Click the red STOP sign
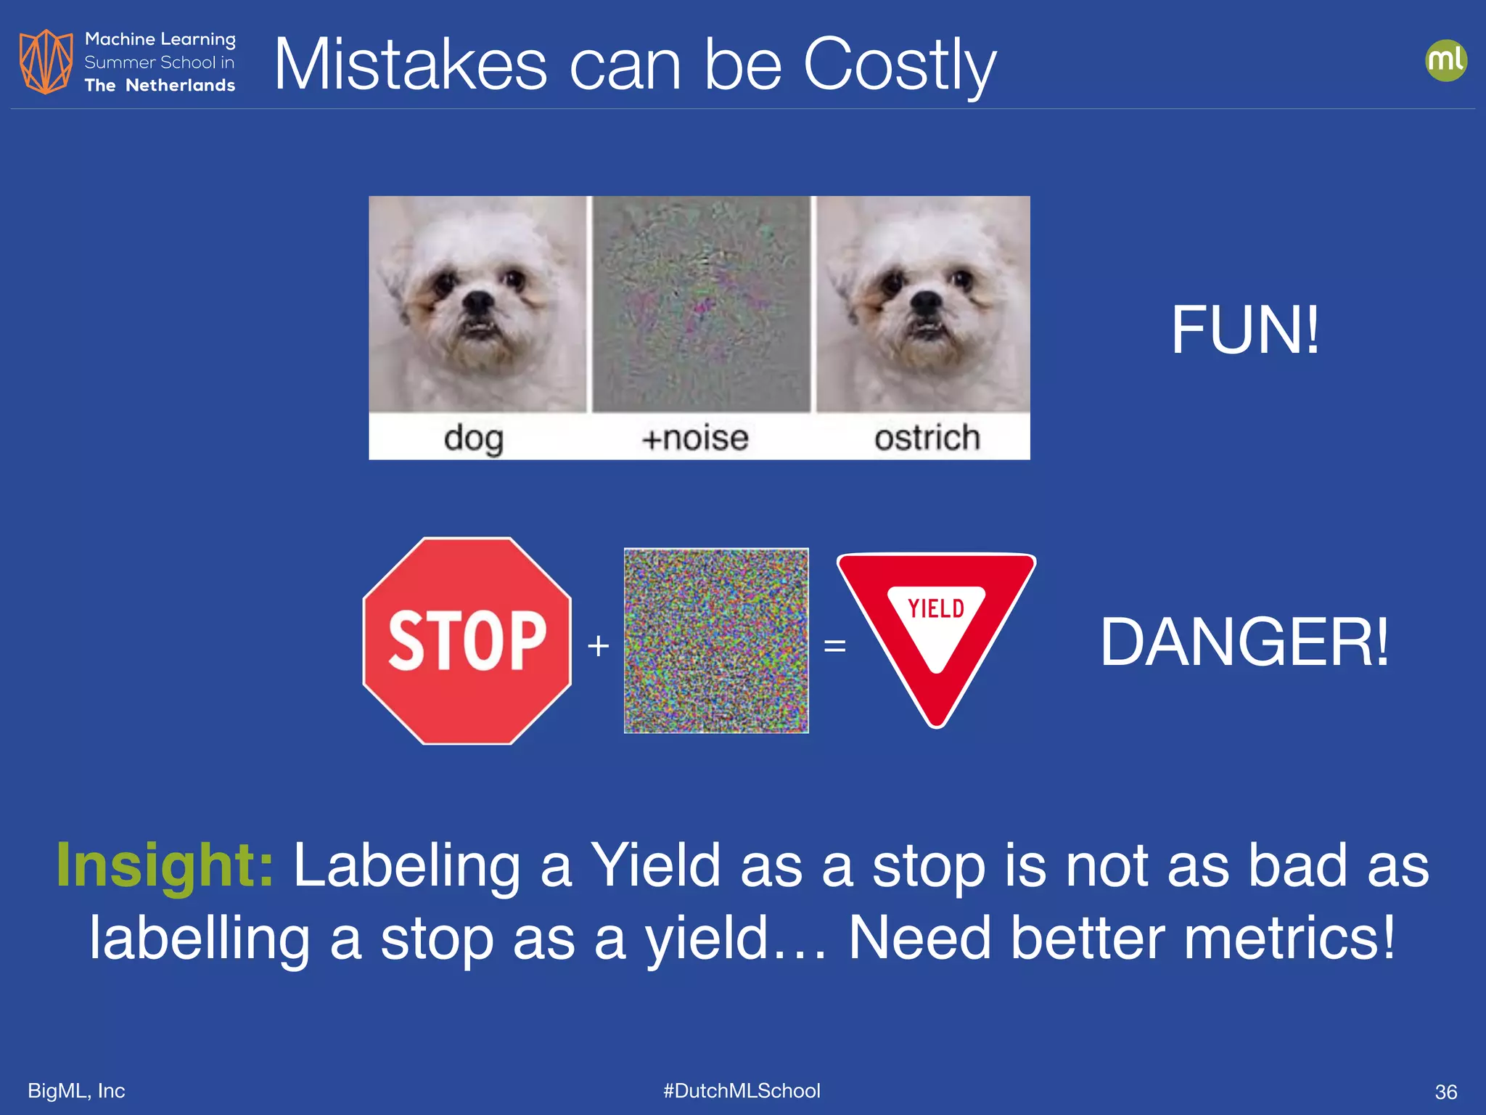tap(467, 640)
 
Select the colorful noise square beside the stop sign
tap(716, 640)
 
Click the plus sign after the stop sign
tap(598, 645)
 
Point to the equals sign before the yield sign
tap(834, 645)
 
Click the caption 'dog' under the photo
tap(473, 438)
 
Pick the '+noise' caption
tap(694, 438)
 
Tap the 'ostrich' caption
tap(927, 438)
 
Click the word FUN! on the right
tap(1244, 330)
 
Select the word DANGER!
tap(1244, 642)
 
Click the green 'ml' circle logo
tap(1445, 60)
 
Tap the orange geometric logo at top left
tap(46, 62)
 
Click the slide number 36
tap(1445, 1092)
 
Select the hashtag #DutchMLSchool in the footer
tap(742, 1090)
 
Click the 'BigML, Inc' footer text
tap(76, 1090)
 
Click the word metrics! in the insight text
tap(1289, 938)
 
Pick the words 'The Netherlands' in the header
tap(160, 86)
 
